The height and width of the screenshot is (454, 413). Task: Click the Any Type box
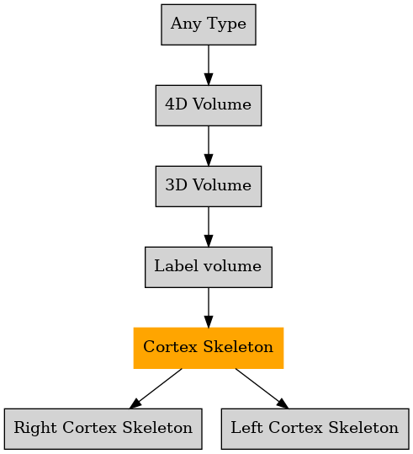(209, 24)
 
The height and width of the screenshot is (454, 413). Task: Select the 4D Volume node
(209, 105)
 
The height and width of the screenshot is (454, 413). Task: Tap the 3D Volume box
(209, 186)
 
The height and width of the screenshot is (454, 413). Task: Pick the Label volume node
(209, 267)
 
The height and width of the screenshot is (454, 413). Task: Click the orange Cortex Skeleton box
(209, 348)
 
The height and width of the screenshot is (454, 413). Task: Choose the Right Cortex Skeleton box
(103, 429)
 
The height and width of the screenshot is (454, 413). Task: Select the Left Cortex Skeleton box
(315, 429)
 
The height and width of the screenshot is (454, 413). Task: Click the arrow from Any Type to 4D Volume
(209, 65)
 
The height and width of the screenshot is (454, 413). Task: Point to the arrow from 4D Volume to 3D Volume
(209, 146)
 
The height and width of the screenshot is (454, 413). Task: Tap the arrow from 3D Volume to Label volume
(209, 227)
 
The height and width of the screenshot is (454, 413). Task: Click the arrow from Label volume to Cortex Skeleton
(209, 307)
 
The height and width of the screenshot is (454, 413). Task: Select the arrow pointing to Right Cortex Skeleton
(156, 388)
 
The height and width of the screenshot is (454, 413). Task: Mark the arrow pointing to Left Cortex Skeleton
(262, 388)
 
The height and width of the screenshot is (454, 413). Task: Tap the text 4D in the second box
(176, 104)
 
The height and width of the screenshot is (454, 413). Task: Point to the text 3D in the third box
(176, 184)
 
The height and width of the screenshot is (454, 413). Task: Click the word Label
(174, 265)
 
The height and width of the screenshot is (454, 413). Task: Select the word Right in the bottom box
(35, 428)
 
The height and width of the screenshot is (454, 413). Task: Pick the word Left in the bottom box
(246, 427)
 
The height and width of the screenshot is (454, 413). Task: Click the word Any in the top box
(186, 24)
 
